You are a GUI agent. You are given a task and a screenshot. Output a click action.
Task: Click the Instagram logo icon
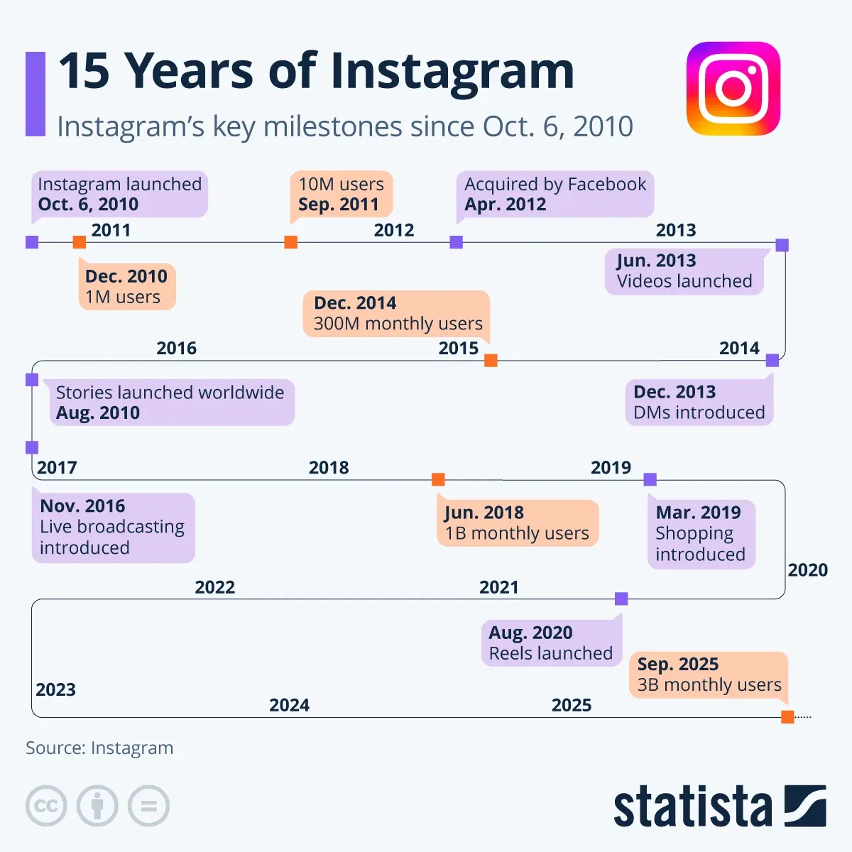pos(733,88)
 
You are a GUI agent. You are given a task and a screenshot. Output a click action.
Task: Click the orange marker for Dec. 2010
pos(80,242)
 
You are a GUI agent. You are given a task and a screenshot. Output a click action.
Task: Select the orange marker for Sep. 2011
pos(290,242)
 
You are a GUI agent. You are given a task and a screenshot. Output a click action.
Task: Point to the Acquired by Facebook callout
pos(555,194)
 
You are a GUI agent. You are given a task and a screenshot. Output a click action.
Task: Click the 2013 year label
pos(675,230)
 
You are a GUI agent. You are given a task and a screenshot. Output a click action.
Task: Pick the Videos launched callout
pos(684,271)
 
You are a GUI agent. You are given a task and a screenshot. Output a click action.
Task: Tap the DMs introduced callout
pos(699,403)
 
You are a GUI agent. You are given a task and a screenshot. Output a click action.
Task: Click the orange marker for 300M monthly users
pos(491,360)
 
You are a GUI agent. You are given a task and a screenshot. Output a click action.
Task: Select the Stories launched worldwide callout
pos(170,403)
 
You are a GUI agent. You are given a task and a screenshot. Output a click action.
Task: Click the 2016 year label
pos(176,348)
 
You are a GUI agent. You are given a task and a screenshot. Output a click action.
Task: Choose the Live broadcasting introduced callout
pos(113,528)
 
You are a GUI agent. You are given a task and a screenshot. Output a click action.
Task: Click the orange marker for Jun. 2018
pos(438,480)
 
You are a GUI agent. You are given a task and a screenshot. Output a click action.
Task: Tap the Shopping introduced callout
pos(701,534)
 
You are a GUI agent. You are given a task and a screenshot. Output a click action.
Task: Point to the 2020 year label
pos(807,570)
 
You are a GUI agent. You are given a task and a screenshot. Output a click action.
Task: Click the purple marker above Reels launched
pos(621,599)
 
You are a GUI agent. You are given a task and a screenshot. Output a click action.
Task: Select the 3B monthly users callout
pos(709,675)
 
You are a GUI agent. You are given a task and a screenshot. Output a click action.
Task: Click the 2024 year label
pos(289,705)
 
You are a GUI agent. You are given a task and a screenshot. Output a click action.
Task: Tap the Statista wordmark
pos(692,807)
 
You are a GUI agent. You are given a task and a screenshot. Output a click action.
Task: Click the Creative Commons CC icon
pos(46,806)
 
